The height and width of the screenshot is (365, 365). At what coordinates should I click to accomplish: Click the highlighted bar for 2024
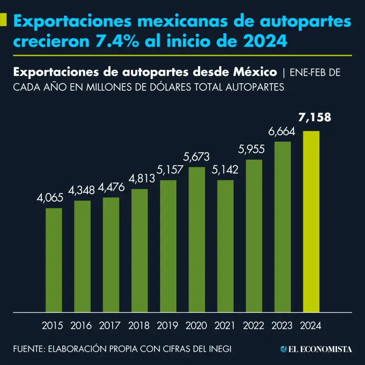pyautogui.click(x=311, y=221)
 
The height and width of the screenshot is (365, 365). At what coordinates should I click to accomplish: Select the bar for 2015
pyautogui.click(x=54, y=260)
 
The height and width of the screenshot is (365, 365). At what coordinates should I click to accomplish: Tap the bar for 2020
pyautogui.click(x=197, y=240)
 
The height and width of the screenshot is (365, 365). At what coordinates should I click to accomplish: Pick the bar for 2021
pyautogui.click(x=225, y=246)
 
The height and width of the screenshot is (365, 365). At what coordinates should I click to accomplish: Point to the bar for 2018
pyautogui.click(x=140, y=250)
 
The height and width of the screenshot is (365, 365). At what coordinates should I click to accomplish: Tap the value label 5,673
pyautogui.click(x=197, y=157)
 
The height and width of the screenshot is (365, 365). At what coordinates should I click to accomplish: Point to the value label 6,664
pyautogui.click(x=282, y=132)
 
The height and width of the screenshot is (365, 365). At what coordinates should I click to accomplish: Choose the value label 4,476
pyautogui.click(x=111, y=188)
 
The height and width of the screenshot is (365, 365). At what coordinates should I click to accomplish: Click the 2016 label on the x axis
pyautogui.click(x=81, y=326)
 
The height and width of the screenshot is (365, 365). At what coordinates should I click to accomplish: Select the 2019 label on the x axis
pyautogui.click(x=168, y=326)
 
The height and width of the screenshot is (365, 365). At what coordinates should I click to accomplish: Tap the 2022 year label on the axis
pyautogui.click(x=254, y=326)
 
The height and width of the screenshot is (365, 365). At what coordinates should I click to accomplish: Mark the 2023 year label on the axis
pyautogui.click(x=282, y=326)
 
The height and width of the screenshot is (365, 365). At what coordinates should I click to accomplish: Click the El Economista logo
pyautogui.click(x=317, y=349)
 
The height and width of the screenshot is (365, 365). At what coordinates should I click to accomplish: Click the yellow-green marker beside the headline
pyautogui.click(x=3, y=20)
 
